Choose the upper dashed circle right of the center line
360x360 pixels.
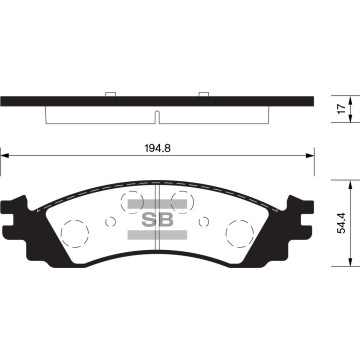click(181, 199)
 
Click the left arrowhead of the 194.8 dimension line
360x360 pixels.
click(6, 155)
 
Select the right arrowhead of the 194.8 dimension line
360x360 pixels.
click(308, 155)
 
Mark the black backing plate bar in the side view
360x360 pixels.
click(157, 100)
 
